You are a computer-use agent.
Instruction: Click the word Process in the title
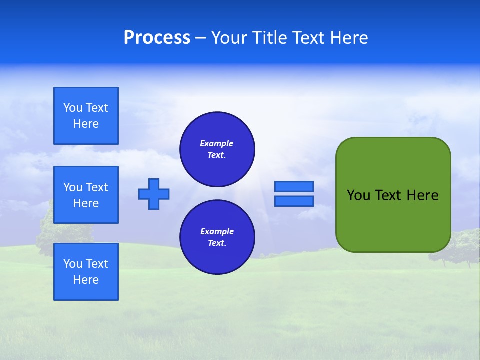coord(157,38)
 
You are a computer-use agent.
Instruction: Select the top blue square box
coord(86,116)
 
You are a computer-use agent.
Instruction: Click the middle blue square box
coord(86,195)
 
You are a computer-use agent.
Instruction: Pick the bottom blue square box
coord(86,272)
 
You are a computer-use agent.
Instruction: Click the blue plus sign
coord(154,194)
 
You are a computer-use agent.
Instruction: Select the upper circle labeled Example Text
coord(217,149)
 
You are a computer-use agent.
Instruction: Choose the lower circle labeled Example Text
coord(217,237)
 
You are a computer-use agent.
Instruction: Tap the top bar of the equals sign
coord(294,187)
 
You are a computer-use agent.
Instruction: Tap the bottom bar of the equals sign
coord(294,201)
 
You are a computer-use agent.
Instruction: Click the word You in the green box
coord(358,195)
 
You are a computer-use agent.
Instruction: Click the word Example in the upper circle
coord(217,143)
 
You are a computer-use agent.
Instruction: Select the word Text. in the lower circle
coord(217,243)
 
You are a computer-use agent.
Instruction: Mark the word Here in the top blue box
coord(86,124)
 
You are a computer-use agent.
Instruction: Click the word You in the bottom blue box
coord(73,264)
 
